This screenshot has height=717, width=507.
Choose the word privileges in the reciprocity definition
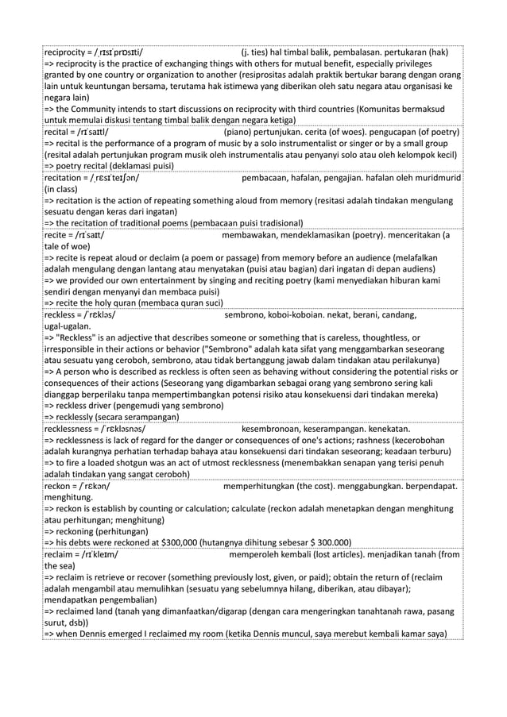[x=421, y=62]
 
